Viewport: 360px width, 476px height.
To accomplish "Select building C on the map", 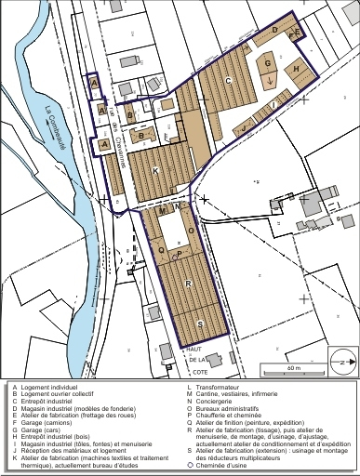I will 227,82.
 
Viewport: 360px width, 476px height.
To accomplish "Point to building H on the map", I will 296,71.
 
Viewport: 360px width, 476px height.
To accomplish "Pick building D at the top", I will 275,31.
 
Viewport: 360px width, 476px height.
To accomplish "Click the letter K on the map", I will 156,171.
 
